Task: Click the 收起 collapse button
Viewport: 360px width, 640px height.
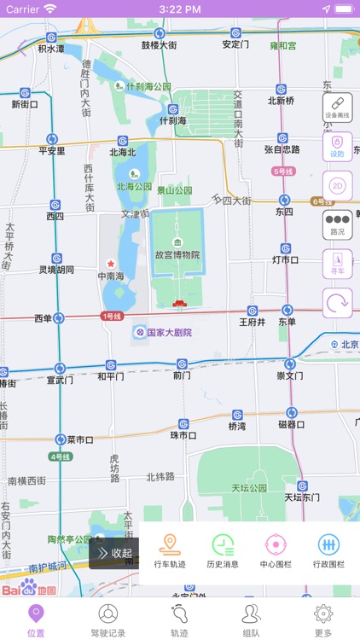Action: click(x=114, y=553)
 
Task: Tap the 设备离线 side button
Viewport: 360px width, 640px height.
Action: click(x=337, y=108)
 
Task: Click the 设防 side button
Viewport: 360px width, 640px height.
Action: click(x=337, y=147)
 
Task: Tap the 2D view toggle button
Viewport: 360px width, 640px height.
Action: click(x=337, y=186)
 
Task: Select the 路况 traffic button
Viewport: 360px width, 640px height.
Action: click(x=337, y=225)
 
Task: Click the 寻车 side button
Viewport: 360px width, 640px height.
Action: click(x=337, y=264)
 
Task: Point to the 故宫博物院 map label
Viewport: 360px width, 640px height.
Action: click(x=177, y=254)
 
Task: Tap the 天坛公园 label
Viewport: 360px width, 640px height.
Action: click(x=248, y=488)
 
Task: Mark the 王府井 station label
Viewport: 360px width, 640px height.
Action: click(x=253, y=323)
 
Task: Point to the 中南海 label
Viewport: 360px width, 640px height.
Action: click(x=111, y=276)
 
